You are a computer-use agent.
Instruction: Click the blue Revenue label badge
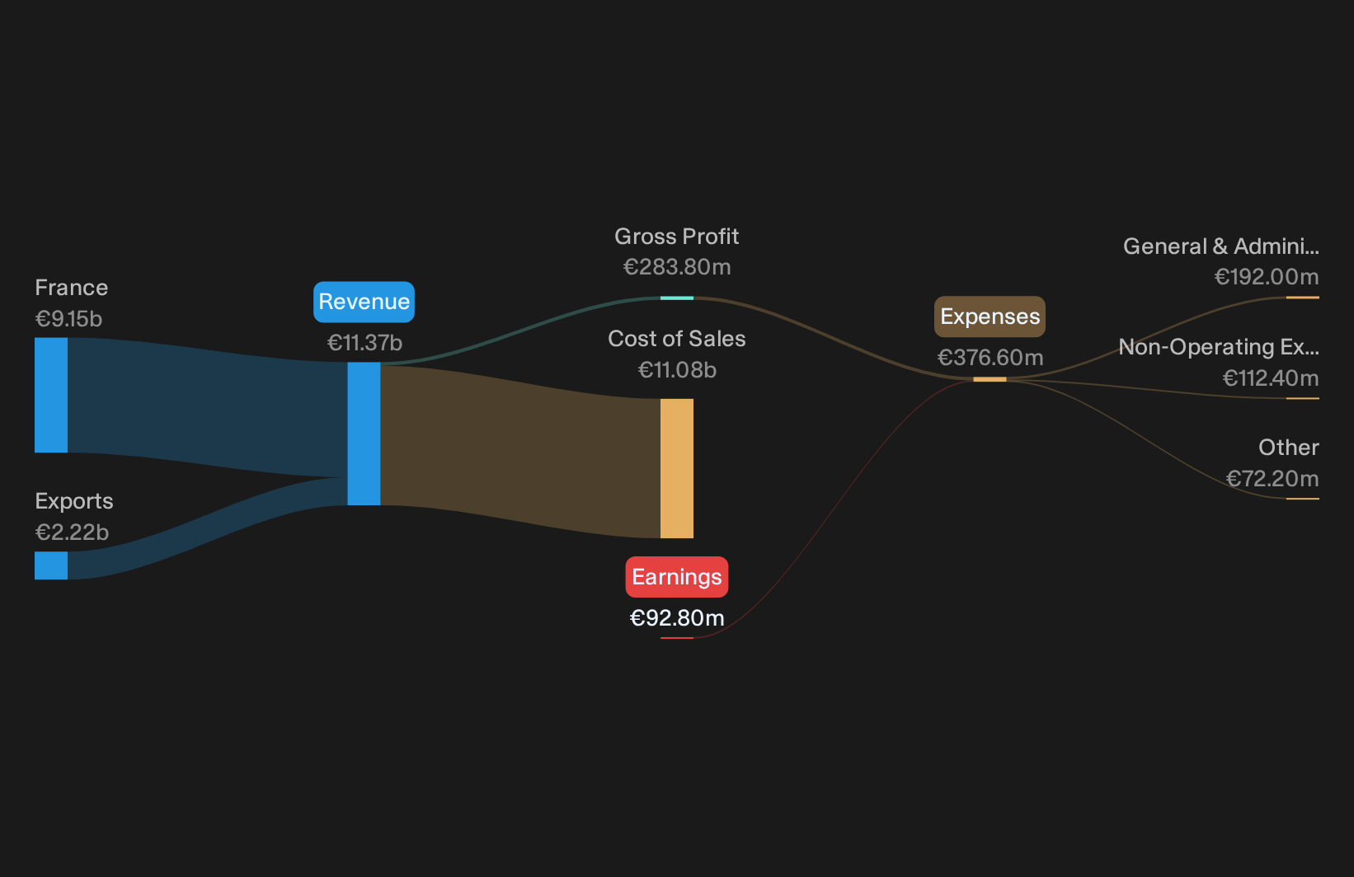(364, 302)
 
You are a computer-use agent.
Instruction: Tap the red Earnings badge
(677, 577)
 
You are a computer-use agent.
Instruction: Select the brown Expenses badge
(990, 317)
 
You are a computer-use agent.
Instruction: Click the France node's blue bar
(51, 395)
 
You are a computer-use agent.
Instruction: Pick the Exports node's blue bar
(51, 565)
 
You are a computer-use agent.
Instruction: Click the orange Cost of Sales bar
(677, 468)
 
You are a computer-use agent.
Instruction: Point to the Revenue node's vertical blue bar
(364, 434)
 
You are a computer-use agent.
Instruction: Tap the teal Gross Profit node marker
(677, 298)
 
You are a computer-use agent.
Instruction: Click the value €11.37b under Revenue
(364, 343)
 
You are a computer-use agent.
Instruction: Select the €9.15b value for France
(68, 318)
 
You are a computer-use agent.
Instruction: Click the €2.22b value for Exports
(72, 532)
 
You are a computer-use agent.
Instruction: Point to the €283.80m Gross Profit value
(677, 266)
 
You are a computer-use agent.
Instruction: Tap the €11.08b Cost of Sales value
(677, 369)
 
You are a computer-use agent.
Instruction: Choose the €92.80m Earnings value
(677, 617)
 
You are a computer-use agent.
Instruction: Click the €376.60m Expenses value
(990, 357)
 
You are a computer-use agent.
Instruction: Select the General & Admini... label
(1221, 246)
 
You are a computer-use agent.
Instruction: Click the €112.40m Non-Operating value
(1271, 378)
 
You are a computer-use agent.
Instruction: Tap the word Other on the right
(1289, 448)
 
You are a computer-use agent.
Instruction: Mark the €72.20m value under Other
(1272, 479)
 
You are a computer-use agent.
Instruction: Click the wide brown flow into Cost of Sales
(520, 450)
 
